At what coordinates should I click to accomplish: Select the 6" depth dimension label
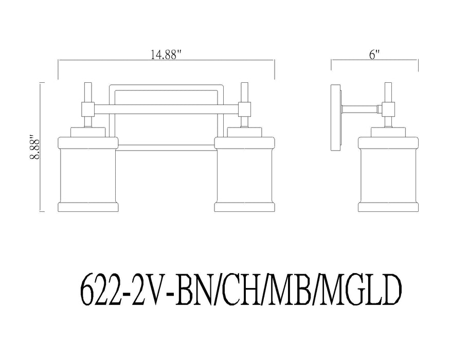[x=374, y=56]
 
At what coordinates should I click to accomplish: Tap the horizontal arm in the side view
[x=360, y=109]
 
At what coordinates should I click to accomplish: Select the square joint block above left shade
[x=87, y=109]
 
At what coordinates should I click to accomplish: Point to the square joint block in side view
[x=388, y=109]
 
